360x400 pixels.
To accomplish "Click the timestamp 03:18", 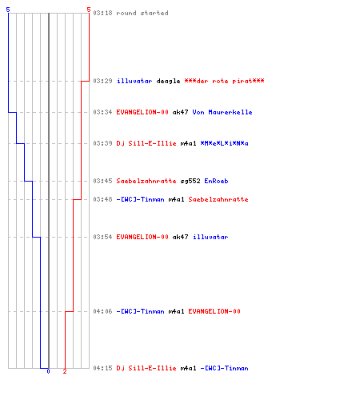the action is click(102, 13).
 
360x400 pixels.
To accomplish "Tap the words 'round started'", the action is click(142, 13).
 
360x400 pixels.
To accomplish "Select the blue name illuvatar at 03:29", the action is click(134, 81).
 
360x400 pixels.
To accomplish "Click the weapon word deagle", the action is click(168, 81).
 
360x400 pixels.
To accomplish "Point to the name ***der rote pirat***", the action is click(224, 81).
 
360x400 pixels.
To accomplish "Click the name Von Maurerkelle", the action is click(222, 112).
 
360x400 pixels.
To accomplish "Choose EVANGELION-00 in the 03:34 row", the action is click(142, 112).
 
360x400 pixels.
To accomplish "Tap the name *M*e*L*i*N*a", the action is click(224, 143).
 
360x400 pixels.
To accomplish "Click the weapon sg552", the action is click(190, 181).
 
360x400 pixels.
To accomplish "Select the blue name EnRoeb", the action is click(216, 181).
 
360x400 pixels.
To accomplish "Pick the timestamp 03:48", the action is click(102, 199).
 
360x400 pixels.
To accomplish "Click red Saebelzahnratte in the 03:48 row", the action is click(218, 199).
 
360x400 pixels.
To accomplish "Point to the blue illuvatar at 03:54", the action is click(210, 237).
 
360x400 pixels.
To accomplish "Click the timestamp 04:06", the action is click(102, 311).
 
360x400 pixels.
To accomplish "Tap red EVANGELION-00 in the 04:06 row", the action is click(214, 311).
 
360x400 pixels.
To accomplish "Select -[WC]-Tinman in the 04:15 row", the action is click(224, 368).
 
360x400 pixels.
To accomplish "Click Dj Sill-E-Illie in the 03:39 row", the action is click(146, 143).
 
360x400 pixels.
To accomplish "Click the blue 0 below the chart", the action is click(48, 371).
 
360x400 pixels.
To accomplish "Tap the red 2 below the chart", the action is click(65, 371).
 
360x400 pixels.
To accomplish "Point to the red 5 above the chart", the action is click(89, 10).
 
